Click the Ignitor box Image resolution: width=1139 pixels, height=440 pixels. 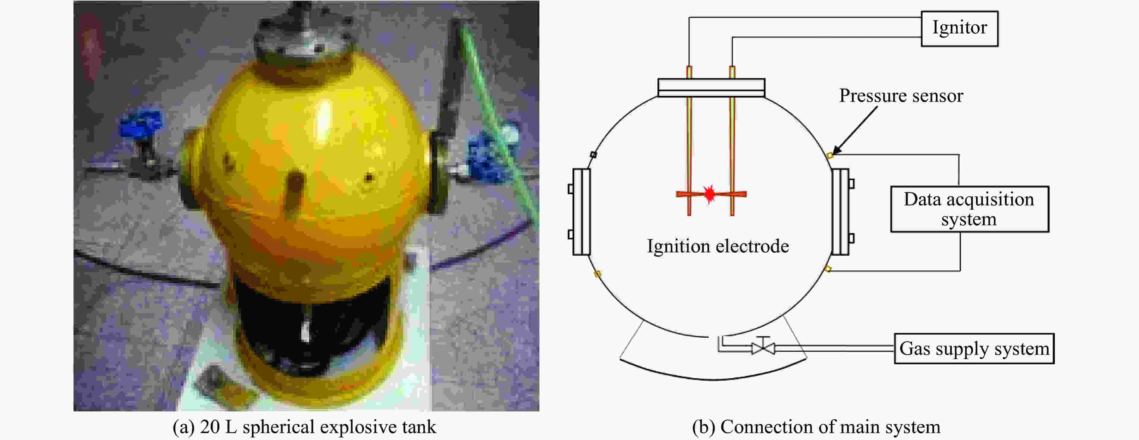(x=959, y=29)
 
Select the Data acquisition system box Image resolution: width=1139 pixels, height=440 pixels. (x=970, y=209)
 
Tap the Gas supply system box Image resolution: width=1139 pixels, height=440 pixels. (x=974, y=348)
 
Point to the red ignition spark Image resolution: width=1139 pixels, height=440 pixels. (x=710, y=193)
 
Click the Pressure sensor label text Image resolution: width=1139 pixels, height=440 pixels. (x=901, y=95)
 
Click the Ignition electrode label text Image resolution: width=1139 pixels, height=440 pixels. (x=718, y=246)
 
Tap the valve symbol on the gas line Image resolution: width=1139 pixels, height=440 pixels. (x=763, y=346)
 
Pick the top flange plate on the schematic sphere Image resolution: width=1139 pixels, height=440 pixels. (x=711, y=87)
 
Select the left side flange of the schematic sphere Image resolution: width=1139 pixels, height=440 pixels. (x=580, y=212)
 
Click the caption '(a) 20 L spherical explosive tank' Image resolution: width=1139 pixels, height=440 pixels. (x=305, y=427)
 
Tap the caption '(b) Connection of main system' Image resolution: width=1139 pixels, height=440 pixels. (x=816, y=427)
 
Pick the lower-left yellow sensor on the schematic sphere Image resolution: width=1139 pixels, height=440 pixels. (x=597, y=274)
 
